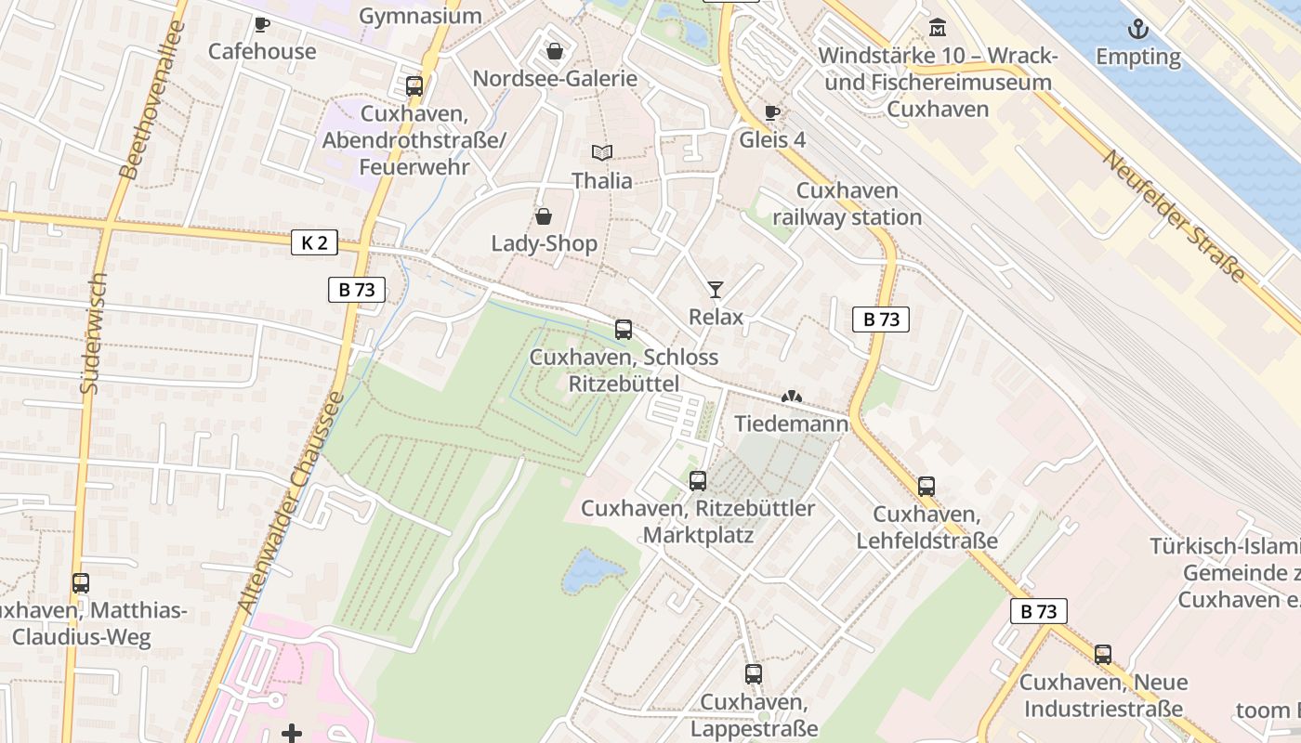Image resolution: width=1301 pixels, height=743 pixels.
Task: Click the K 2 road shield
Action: point(315,243)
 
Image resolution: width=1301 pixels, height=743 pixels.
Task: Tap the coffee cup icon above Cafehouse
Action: point(261,24)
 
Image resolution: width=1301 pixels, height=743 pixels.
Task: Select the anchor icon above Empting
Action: point(1137,30)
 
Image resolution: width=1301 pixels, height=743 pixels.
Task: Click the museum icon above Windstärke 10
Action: point(937,28)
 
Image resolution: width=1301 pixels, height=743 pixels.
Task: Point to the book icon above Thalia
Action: point(602,152)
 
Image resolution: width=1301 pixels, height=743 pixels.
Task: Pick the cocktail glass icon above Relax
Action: point(715,290)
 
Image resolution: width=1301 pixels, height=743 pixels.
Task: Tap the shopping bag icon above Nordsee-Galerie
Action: point(555,51)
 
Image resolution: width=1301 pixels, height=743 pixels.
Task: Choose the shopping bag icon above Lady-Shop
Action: point(544,216)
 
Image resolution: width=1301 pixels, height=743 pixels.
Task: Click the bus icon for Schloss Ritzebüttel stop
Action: point(624,330)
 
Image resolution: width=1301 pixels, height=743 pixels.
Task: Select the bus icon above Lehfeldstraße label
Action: point(926,487)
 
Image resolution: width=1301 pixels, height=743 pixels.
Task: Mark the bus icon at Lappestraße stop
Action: point(753,674)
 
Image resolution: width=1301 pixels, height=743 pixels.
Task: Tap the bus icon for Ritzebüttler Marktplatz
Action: point(698,481)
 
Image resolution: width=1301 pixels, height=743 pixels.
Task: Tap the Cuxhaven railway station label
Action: point(847,204)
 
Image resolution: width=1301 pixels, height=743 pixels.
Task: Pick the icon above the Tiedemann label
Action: point(791,397)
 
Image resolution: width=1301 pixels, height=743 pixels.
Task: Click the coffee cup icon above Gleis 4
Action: point(771,113)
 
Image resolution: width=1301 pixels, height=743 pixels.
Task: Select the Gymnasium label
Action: point(420,16)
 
